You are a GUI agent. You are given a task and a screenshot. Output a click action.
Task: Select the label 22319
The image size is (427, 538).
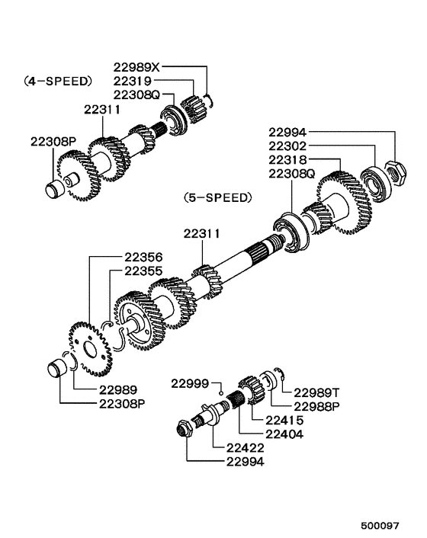click(133, 81)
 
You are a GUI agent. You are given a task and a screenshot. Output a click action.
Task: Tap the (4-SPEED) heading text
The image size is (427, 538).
click(57, 80)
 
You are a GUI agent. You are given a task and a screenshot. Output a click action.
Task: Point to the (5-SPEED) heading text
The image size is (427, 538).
click(217, 197)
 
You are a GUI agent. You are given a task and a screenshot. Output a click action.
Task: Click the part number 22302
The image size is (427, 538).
click(288, 146)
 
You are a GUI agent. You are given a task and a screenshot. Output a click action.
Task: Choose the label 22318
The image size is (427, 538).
click(288, 159)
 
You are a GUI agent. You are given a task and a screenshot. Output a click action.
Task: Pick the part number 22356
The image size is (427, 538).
click(143, 258)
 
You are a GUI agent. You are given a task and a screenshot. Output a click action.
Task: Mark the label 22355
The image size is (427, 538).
click(143, 271)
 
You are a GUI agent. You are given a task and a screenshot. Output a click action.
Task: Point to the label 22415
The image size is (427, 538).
click(284, 420)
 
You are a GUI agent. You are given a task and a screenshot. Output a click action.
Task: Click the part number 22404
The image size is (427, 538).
click(284, 434)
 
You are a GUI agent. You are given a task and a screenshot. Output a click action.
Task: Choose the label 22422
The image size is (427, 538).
click(246, 447)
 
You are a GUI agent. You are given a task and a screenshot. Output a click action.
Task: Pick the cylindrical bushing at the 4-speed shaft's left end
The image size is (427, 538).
click(55, 190)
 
